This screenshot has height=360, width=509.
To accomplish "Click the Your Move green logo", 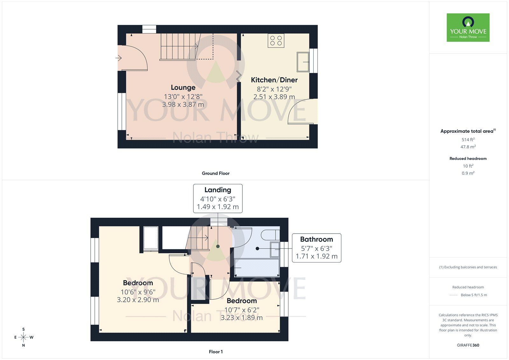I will pyautogui.click(x=468, y=27).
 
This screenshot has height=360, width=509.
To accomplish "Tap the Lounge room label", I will pyautogui.click(x=183, y=87).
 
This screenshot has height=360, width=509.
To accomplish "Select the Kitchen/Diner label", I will pyautogui.click(x=274, y=80).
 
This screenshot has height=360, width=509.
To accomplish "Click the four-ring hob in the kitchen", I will pyautogui.click(x=276, y=40).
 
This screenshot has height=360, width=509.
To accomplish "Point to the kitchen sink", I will pyautogui.click(x=303, y=62).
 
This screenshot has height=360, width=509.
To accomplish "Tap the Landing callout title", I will pyautogui.click(x=218, y=190).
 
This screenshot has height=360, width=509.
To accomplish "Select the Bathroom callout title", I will pyautogui.click(x=316, y=239).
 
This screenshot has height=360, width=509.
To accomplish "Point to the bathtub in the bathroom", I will pyautogui.click(x=257, y=268).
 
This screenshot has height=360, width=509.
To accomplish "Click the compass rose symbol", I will pyautogui.click(x=24, y=337).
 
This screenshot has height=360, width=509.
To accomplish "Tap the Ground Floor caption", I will pyautogui.click(x=215, y=173).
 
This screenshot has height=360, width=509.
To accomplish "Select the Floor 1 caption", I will pyautogui.click(x=216, y=352).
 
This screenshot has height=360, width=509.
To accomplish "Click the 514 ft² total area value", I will pyautogui.click(x=468, y=139).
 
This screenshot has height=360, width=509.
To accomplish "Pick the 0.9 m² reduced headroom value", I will pyautogui.click(x=468, y=173).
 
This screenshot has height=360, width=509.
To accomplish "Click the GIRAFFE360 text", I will pyautogui.click(x=468, y=345).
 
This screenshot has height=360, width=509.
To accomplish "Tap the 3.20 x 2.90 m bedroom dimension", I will pyautogui.click(x=138, y=300).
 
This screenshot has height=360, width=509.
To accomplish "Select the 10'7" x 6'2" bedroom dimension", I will pyautogui.click(x=242, y=310).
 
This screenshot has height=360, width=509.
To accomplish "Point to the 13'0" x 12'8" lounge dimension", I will pyautogui.click(x=183, y=96).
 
